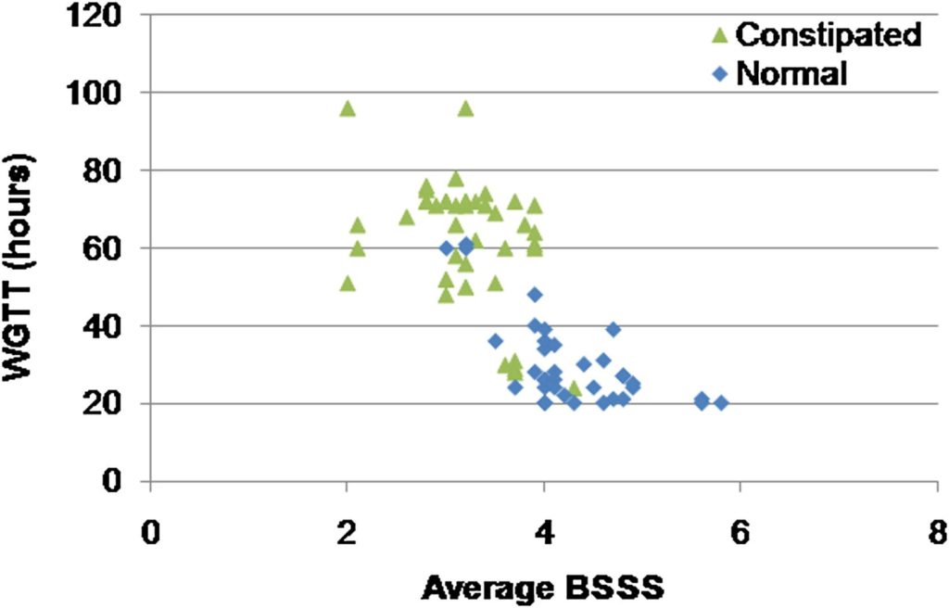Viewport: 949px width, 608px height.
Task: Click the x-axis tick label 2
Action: pos(347,535)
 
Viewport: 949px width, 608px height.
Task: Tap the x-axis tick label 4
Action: pos(544,535)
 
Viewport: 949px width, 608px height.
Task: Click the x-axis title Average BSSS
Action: pos(544,587)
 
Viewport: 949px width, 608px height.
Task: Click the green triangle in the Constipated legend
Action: pos(720,36)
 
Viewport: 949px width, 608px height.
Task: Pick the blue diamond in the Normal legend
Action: pos(720,73)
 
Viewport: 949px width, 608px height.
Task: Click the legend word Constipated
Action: pos(829,35)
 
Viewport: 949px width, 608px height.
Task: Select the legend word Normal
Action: pos(791,73)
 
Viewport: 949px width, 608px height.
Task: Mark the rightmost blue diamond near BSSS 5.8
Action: pos(721,403)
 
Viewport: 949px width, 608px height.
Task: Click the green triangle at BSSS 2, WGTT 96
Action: pos(348,108)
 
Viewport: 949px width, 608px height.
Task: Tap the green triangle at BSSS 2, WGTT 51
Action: pos(348,283)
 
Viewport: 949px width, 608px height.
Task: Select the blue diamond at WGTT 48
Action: pos(535,295)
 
